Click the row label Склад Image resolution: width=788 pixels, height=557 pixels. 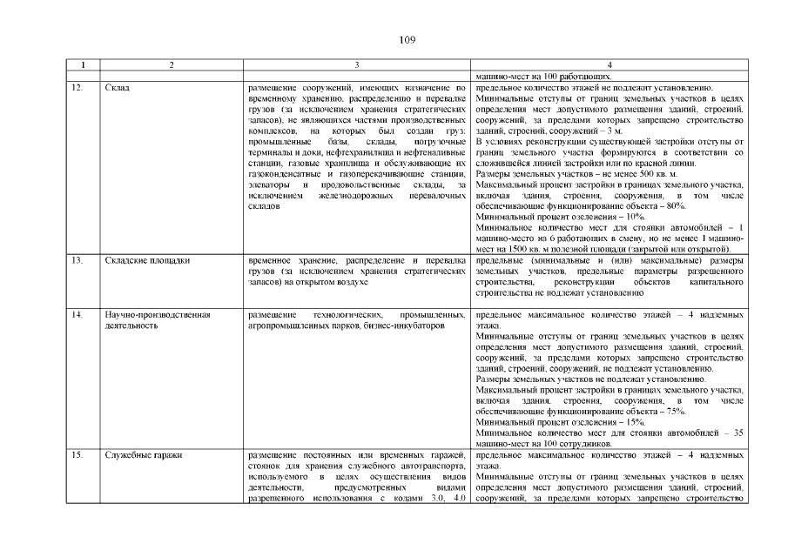[116, 89]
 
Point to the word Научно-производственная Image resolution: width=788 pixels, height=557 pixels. [158, 314]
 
